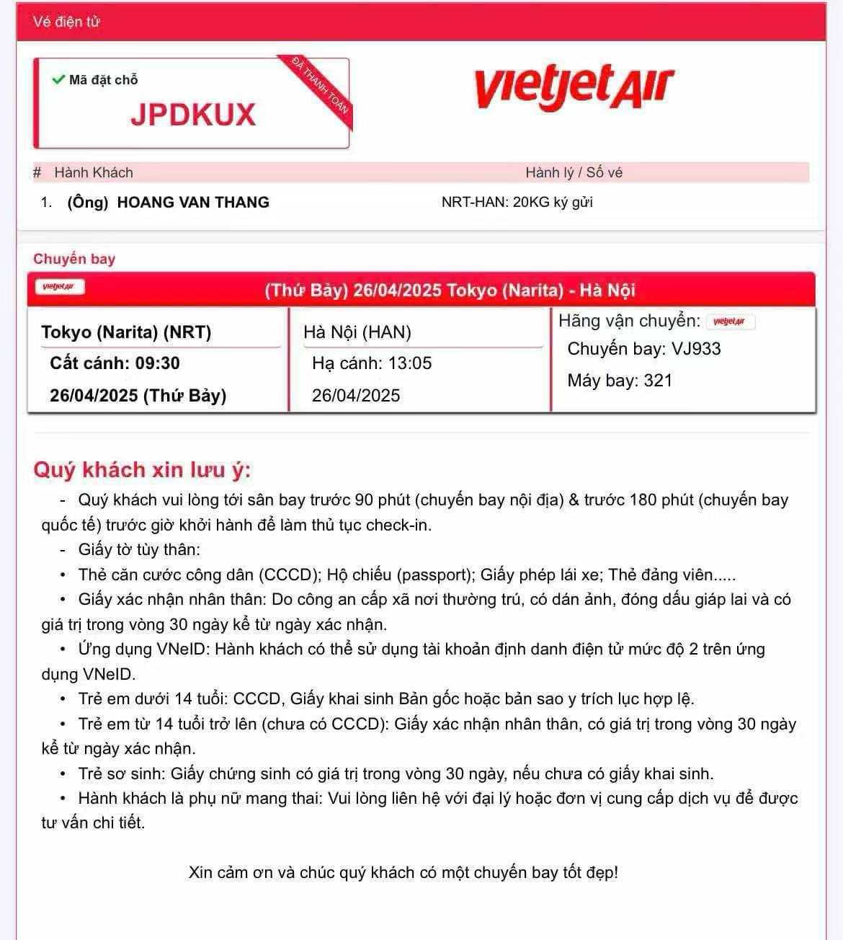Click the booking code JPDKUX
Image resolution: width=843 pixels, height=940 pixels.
(x=193, y=115)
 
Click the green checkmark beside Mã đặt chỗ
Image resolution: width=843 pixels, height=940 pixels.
(x=58, y=79)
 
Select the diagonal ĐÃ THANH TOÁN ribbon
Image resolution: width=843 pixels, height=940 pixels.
(x=320, y=84)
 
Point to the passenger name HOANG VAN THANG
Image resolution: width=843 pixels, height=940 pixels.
(x=193, y=203)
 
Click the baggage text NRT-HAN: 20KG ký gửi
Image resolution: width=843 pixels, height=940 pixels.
(x=517, y=203)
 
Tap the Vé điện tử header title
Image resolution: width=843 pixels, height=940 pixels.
(x=66, y=22)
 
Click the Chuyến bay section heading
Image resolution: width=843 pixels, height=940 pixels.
(x=74, y=259)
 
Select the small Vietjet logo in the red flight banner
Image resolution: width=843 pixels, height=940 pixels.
(x=60, y=287)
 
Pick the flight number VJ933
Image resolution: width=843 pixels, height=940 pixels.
(x=696, y=349)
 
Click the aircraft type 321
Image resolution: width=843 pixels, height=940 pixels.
(x=658, y=381)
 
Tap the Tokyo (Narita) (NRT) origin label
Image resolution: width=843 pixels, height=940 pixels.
(x=126, y=332)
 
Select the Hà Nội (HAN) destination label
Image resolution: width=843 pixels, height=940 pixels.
(x=357, y=332)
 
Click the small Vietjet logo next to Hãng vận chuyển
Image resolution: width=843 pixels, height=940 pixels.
(x=729, y=322)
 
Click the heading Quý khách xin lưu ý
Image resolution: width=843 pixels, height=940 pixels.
(x=142, y=470)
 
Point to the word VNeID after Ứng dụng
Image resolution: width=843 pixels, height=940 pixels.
(x=183, y=649)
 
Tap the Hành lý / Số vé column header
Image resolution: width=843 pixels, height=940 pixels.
(x=574, y=172)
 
